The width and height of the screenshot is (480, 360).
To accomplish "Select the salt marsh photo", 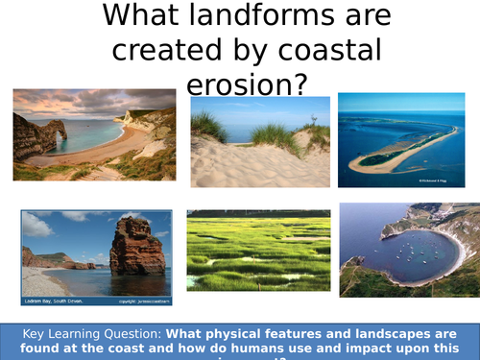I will point(254,252).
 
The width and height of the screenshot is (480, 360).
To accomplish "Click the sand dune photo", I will point(259,142).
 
